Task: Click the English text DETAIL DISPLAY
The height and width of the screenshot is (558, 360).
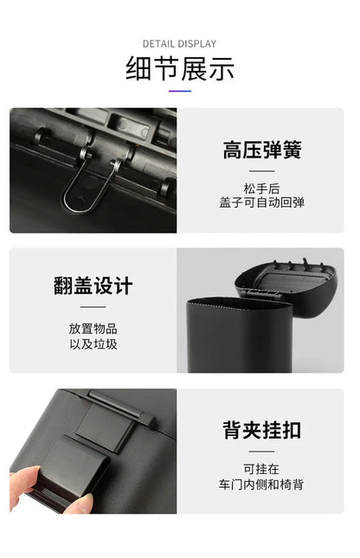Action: (x=179, y=44)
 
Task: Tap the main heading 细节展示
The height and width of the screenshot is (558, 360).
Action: (x=180, y=68)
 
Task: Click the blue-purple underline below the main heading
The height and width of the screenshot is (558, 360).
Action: (x=180, y=91)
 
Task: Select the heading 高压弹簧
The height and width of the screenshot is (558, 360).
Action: (x=261, y=150)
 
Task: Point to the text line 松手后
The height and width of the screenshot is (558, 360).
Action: (x=261, y=189)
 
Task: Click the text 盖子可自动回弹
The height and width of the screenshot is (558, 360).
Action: (x=261, y=202)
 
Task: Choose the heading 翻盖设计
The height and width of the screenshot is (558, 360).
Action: (x=93, y=285)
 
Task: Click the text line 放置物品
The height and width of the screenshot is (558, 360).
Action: (x=93, y=329)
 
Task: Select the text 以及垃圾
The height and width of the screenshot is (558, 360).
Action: (x=93, y=344)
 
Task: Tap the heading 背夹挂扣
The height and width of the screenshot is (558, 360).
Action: (x=261, y=430)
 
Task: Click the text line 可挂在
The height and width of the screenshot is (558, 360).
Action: (x=261, y=469)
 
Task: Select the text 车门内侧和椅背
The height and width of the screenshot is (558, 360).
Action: (x=261, y=484)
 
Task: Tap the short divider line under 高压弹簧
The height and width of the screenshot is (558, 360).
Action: (x=261, y=171)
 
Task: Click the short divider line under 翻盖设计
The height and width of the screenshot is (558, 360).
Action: (x=93, y=307)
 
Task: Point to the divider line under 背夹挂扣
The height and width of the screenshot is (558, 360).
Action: (x=261, y=452)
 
